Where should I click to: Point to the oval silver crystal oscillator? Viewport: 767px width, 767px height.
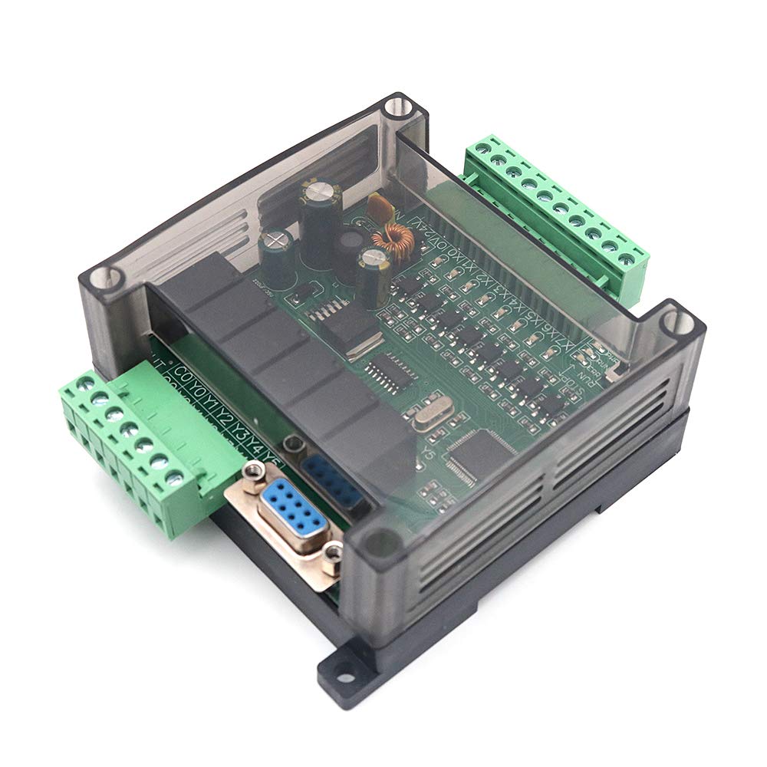click(426, 418)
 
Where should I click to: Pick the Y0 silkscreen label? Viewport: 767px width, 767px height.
click(199, 389)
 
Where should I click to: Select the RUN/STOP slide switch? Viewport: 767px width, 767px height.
click(614, 374)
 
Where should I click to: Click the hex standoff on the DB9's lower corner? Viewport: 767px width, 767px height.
click(332, 551)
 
